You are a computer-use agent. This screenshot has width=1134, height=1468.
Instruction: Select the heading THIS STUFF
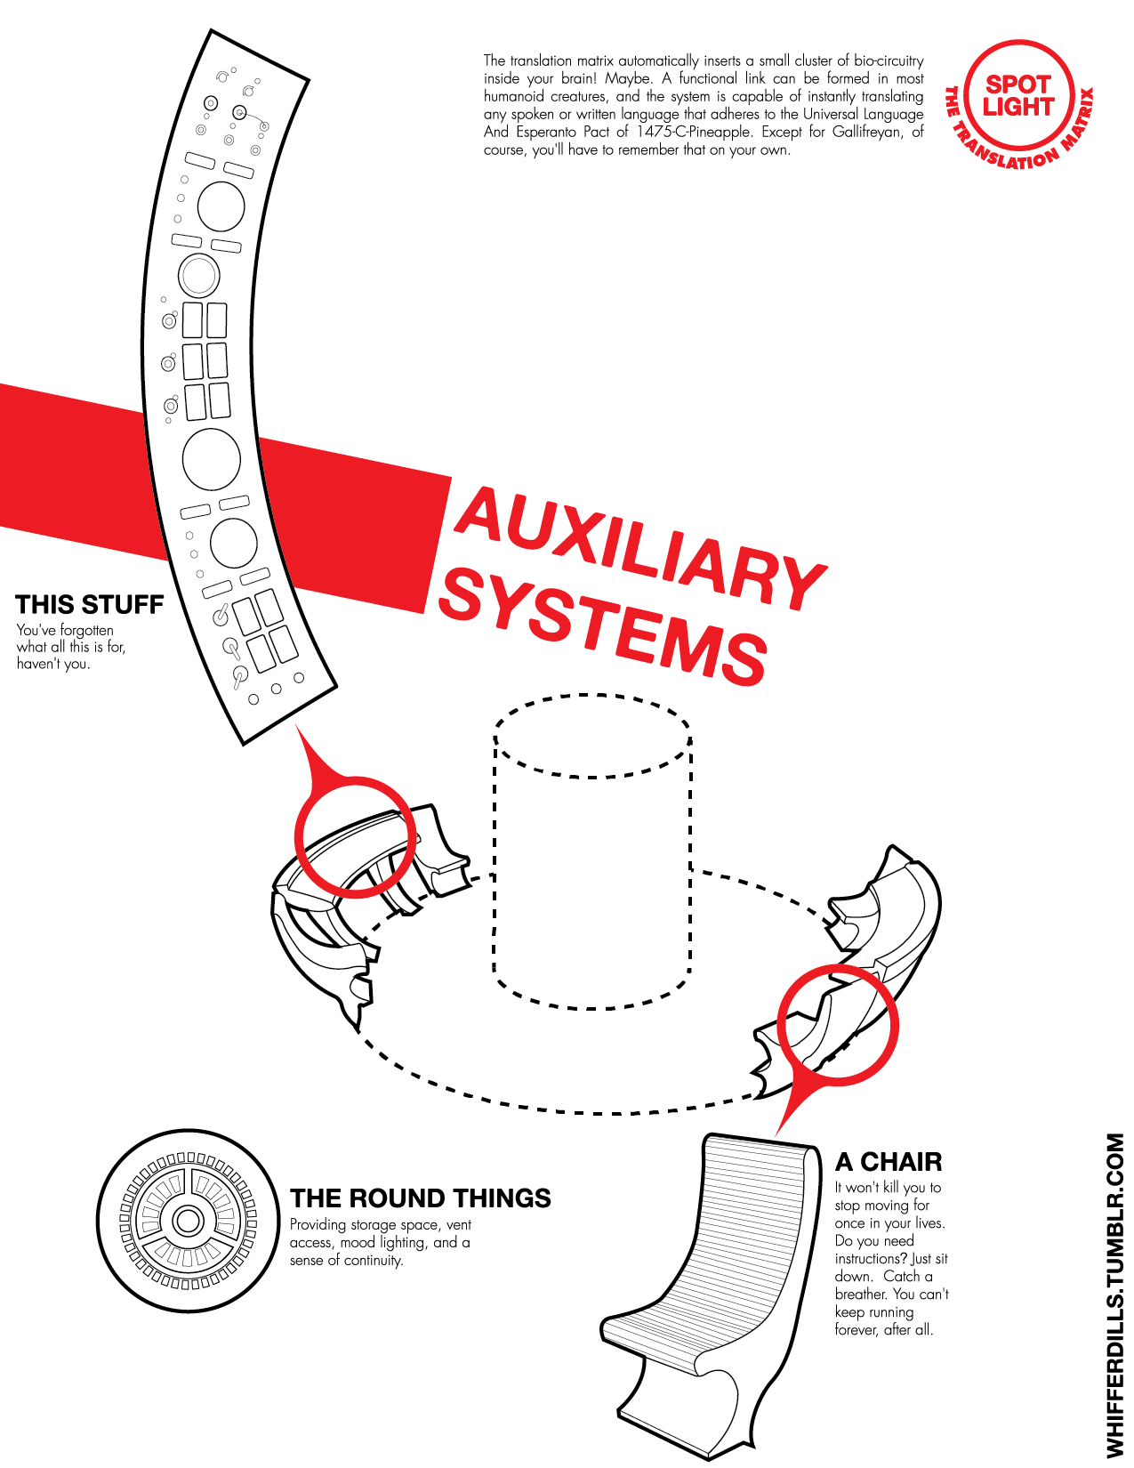tap(90, 605)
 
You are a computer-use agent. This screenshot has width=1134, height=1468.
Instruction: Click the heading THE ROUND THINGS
tap(421, 1198)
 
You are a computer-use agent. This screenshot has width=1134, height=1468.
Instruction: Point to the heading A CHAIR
tap(889, 1162)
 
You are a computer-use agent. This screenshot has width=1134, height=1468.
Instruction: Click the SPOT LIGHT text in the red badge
tap(1018, 96)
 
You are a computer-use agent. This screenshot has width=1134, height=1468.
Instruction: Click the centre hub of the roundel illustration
tap(188, 1220)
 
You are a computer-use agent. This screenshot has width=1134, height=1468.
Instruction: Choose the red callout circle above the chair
tap(838, 1025)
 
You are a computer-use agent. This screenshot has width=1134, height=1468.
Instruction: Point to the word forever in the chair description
tap(856, 1330)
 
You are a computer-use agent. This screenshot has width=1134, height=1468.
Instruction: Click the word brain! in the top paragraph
tap(569, 78)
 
